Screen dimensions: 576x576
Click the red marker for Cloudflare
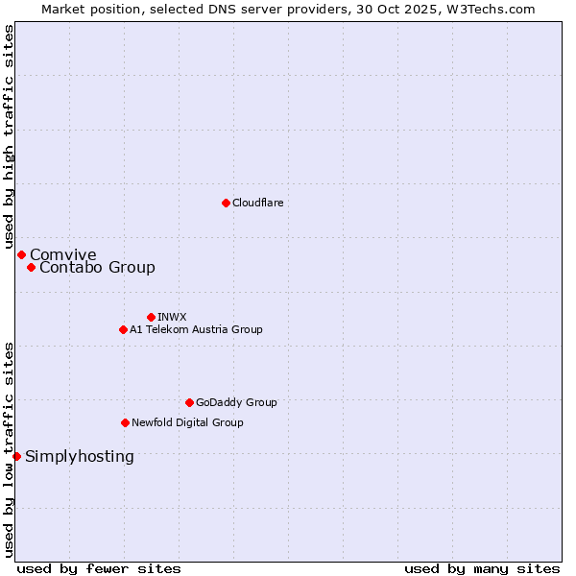(x=226, y=203)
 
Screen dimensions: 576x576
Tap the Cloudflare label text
(x=257, y=203)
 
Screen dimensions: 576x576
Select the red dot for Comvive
(x=21, y=254)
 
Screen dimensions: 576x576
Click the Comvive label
(x=63, y=254)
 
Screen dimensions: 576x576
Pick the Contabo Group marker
(x=31, y=267)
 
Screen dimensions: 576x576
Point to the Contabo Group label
(x=97, y=267)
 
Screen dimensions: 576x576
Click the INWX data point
(x=151, y=317)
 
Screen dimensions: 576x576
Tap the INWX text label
(x=172, y=317)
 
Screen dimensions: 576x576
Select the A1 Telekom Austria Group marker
(x=123, y=329)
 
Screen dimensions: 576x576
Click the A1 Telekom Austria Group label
(x=196, y=329)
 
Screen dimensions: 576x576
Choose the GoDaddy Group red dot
(x=189, y=402)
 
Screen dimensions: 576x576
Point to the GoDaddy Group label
(x=236, y=402)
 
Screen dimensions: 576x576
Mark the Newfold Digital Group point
(x=125, y=422)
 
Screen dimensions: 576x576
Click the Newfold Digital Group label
(x=187, y=422)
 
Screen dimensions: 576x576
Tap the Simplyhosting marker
(x=16, y=456)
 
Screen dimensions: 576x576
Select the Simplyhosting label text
(x=80, y=456)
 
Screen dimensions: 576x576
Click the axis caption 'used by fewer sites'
(x=99, y=568)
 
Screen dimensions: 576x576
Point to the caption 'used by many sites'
(x=482, y=568)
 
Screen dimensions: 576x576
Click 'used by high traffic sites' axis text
(x=9, y=137)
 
